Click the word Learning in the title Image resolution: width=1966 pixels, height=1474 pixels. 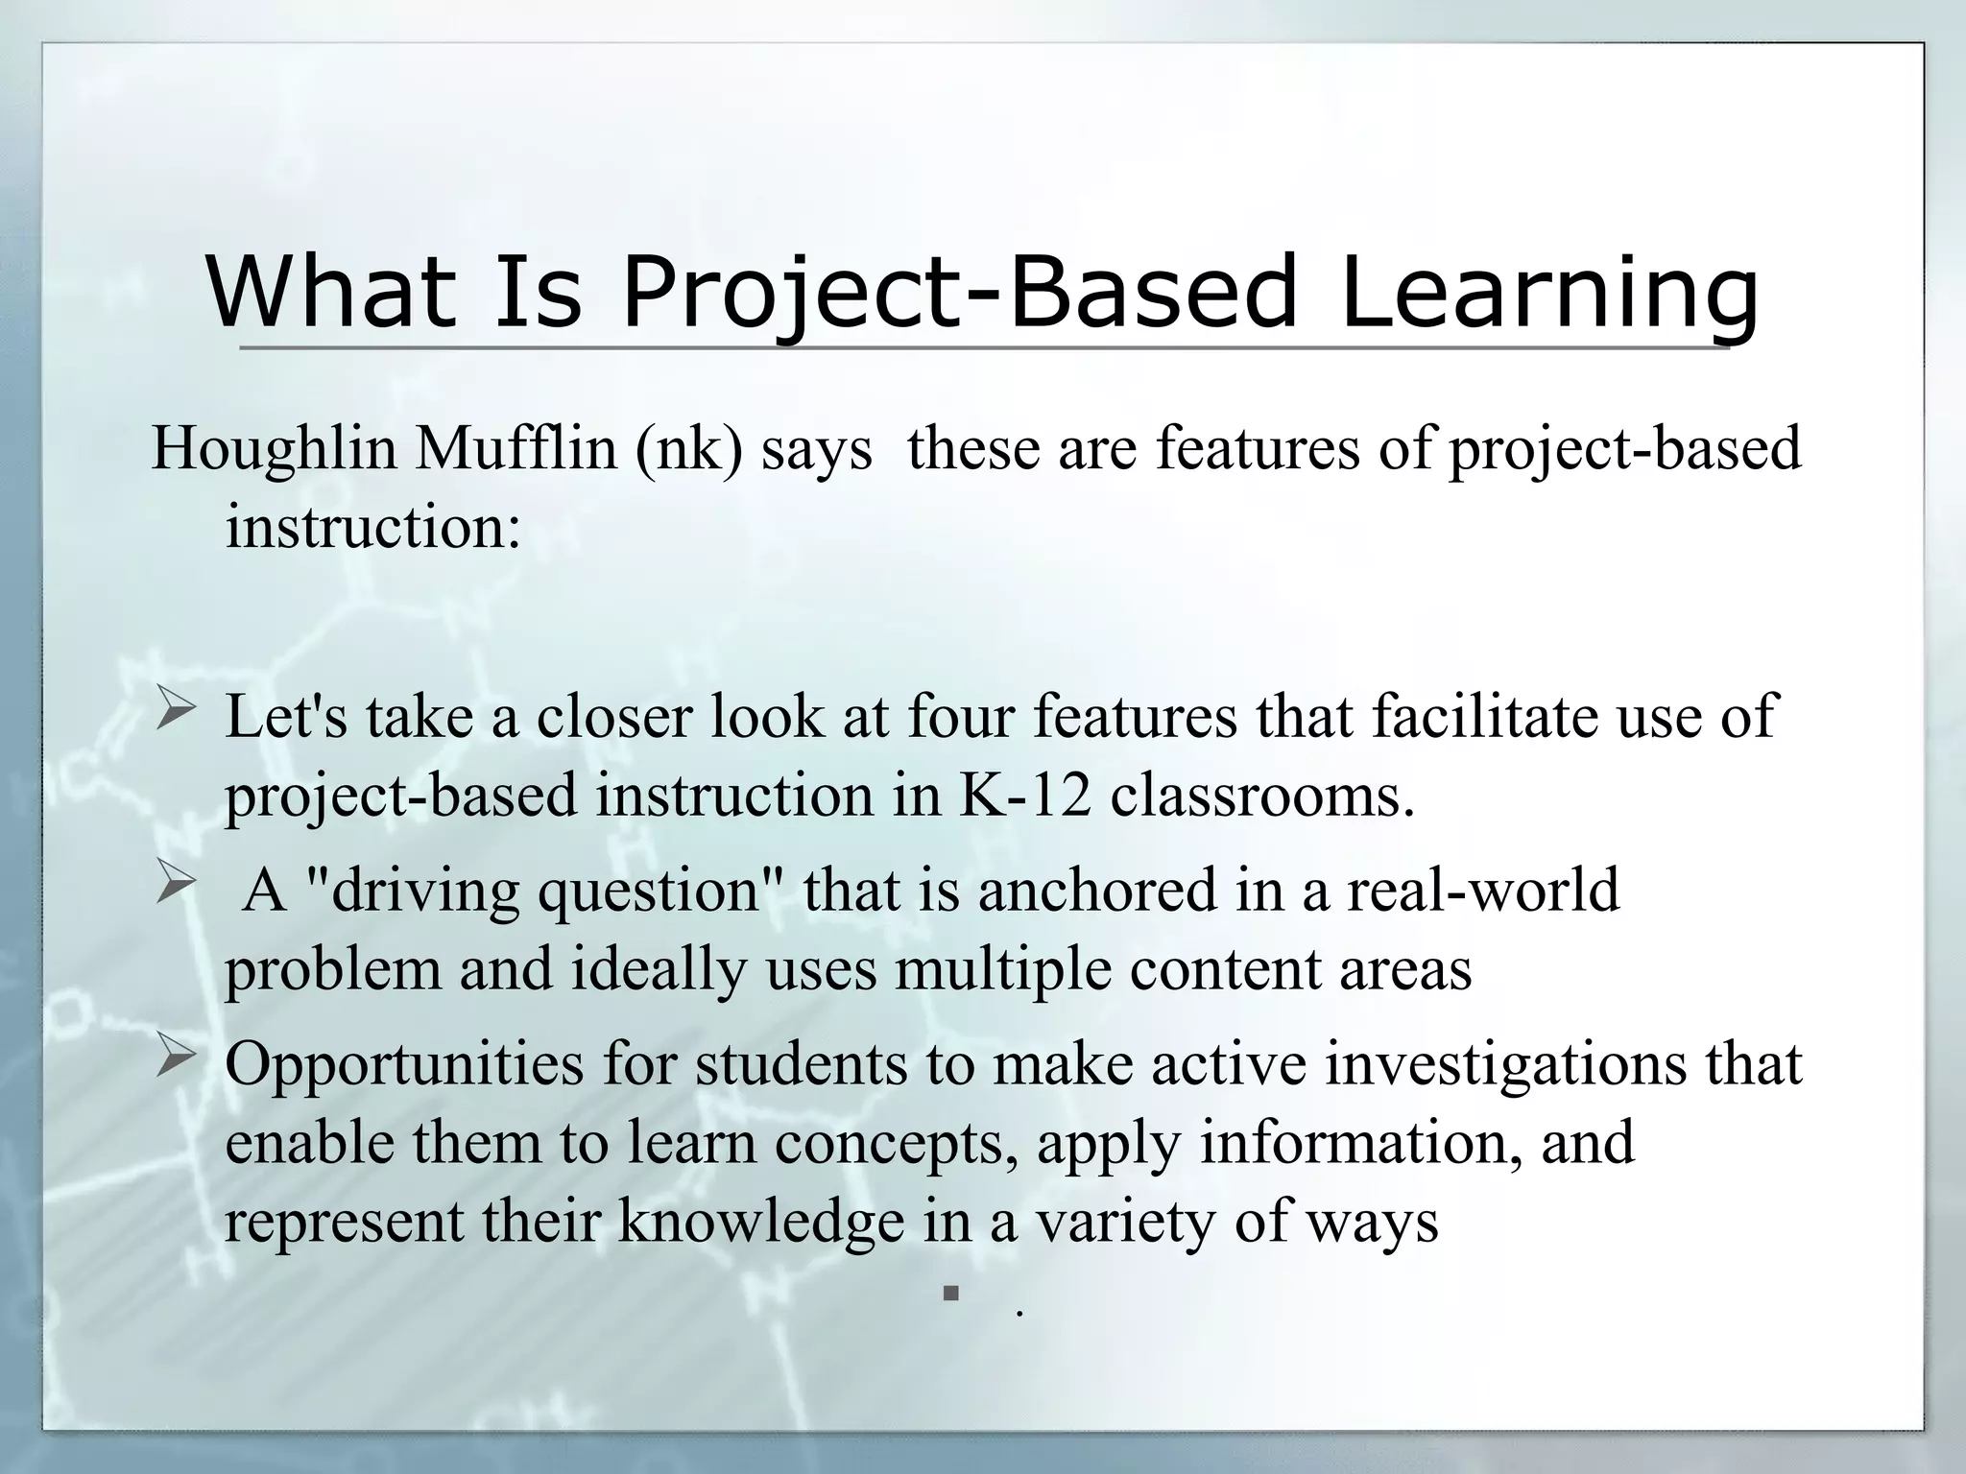(x=1548, y=293)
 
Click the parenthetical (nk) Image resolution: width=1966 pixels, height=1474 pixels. (x=687, y=449)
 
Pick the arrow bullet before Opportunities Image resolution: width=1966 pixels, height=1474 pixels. (x=177, y=1060)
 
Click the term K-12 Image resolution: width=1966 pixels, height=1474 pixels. (x=1025, y=796)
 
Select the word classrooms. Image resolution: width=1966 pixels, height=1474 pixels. (x=1262, y=796)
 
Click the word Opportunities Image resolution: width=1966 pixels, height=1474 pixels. (x=404, y=1065)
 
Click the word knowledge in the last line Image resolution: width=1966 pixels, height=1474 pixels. (x=761, y=1222)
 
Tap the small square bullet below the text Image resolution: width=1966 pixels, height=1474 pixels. (x=950, y=1294)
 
